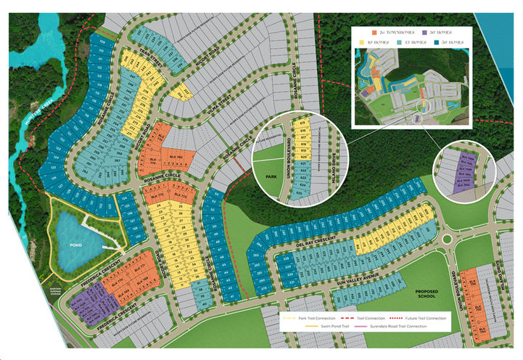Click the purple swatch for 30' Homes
pos(425,33)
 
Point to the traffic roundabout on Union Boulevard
pos(448,240)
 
